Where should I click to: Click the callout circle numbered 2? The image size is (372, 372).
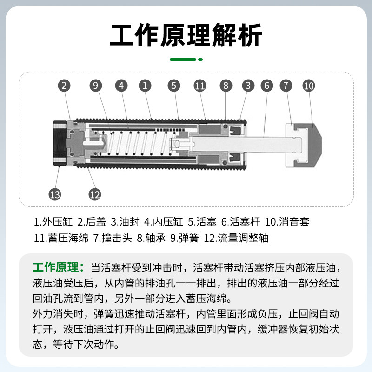(x=64, y=86)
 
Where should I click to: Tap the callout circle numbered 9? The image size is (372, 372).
(x=95, y=86)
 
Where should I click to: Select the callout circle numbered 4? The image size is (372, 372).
(x=121, y=86)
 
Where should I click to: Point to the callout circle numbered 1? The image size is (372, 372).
(x=145, y=86)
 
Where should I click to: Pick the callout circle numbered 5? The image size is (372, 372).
(x=174, y=86)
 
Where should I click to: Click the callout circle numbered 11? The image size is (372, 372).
(x=200, y=86)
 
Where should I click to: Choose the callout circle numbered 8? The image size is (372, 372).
(x=226, y=86)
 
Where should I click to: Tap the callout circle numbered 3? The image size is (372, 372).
(x=248, y=86)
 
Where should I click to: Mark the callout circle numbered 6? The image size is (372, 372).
(x=266, y=86)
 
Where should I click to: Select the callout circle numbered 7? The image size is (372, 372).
(x=286, y=86)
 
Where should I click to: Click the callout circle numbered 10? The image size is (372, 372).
(x=309, y=86)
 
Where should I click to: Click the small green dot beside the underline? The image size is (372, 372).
(x=200, y=60)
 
